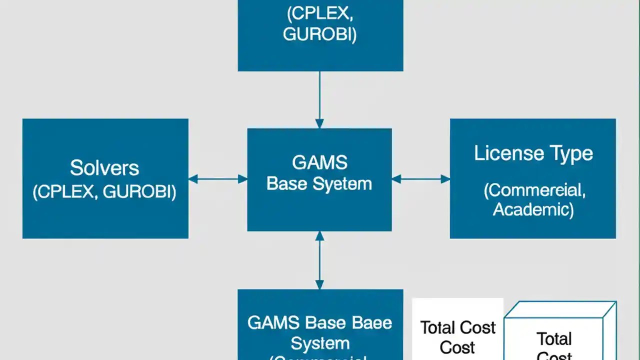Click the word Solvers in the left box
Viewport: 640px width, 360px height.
coord(104,168)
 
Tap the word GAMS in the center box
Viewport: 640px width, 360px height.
coord(319,162)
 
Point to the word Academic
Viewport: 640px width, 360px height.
coord(533,209)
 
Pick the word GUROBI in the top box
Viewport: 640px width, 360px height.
coord(319,34)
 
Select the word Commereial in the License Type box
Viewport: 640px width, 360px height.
coord(534,190)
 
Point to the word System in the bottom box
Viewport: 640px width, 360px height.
coord(320,343)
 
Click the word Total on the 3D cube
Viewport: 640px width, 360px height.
coord(554,339)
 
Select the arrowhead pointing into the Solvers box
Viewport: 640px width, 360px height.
coord(193,179)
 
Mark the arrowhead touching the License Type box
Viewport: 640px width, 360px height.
coord(445,179)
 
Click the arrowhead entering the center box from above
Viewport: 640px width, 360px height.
coord(319,123)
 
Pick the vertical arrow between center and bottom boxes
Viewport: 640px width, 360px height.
coord(319,260)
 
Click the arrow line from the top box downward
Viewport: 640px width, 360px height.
coord(319,95)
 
